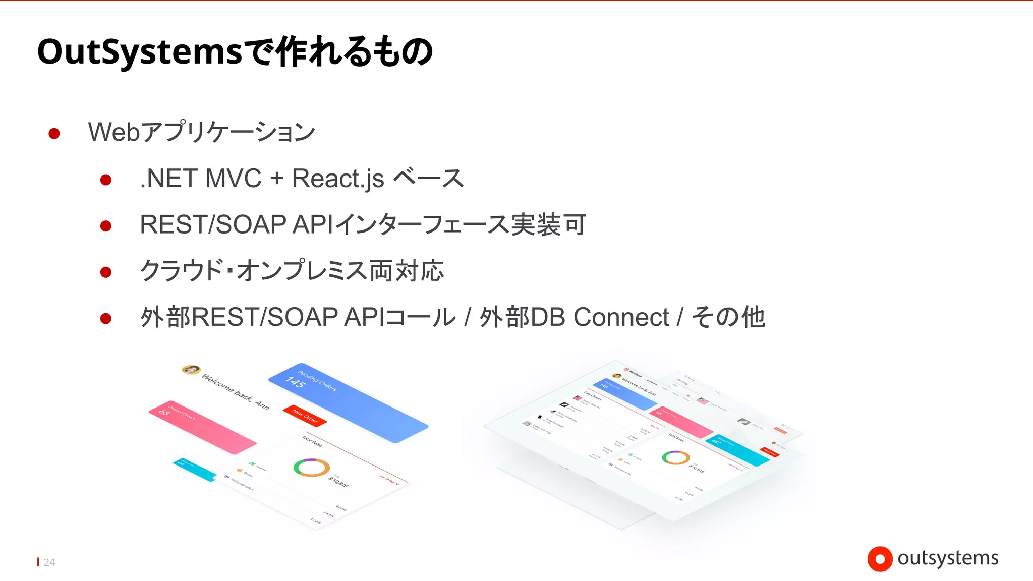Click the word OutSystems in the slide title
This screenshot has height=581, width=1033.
pyautogui.click(x=140, y=52)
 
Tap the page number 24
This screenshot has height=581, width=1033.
pyautogui.click(x=49, y=562)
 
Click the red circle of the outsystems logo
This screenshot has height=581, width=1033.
pyautogui.click(x=880, y=559)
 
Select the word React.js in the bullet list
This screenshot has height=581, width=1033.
pyautogui.click(x=338, y=179)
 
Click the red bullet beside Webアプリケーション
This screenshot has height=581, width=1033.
pyautogui.click(x=54, y=133)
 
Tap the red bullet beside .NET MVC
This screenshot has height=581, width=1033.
pyautogui.click(x=106, y=180)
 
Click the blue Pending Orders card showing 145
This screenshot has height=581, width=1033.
pyautogui.click(x=348, y=402)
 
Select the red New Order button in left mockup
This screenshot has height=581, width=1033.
pyautogui.click(x=305, y=416)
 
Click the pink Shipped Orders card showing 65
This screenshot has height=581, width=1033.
pyautogui.click(x=202, y=427)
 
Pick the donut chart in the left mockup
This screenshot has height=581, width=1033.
pyautogui.click(x=312, y=467)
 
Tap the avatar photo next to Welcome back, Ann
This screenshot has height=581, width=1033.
pyautogui.click(x=191, y=370)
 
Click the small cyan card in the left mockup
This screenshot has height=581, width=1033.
pyautogui.click(x=195, y=470)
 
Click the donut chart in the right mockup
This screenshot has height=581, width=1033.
pyautogui.click(x=676, y=457)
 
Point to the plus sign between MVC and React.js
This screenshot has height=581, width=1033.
pyautogui.click(x=276, y=179)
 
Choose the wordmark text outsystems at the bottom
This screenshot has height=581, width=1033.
pyautogui.click(x=948, y=558)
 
